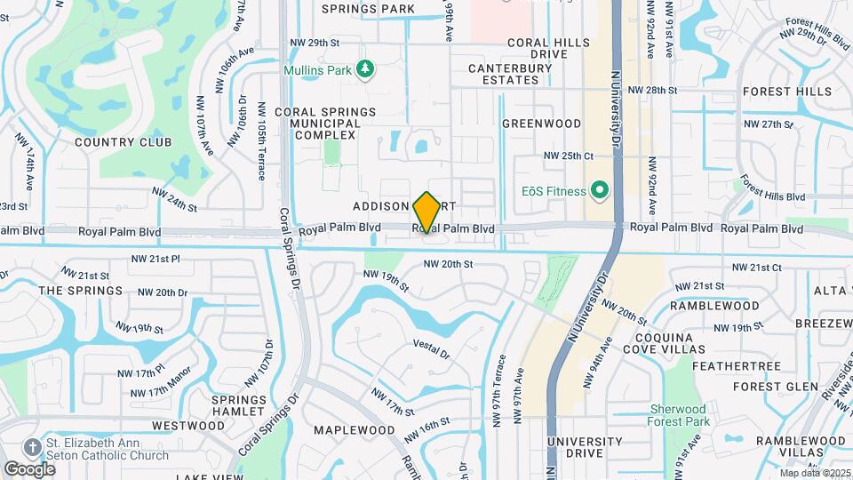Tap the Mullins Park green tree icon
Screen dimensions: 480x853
(x=363, y=69)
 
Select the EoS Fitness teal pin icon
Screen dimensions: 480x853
(x=599, y=190)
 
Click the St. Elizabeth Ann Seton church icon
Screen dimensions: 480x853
(x=33, y=446)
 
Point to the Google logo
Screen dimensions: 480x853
(x=29, y=468)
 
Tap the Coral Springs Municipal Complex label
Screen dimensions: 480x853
(x=325, y=124)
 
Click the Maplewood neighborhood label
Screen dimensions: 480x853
(x=355, y=430)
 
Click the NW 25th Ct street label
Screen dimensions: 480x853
(x=568, y=156)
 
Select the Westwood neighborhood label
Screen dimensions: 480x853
(x=187, y=426)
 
